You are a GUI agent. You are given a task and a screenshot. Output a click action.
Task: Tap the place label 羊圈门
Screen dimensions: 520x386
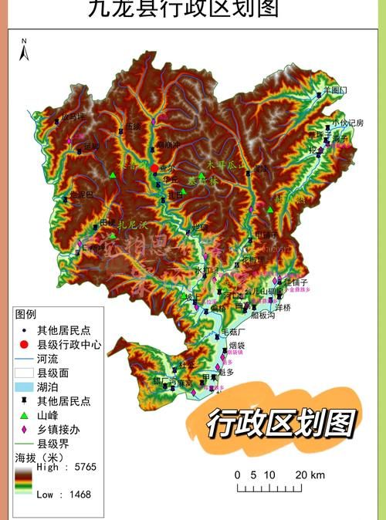(x=335, y=90)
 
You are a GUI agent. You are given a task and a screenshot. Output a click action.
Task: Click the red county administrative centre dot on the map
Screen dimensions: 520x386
(x=154, y=168)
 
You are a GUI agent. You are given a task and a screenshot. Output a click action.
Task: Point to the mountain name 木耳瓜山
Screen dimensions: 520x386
(x=225, y=164)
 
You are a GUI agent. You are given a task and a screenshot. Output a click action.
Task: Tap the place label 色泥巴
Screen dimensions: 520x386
(x=81, y=194)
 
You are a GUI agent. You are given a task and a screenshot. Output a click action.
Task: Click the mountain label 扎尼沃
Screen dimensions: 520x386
(x=132, y=225)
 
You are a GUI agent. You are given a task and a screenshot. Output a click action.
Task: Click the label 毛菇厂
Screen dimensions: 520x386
(x=234, y=332)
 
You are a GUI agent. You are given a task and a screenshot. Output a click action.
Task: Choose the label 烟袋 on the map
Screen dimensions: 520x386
(x=236, y=346)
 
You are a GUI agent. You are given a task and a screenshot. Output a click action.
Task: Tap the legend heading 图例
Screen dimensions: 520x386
(x=25, y=315)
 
